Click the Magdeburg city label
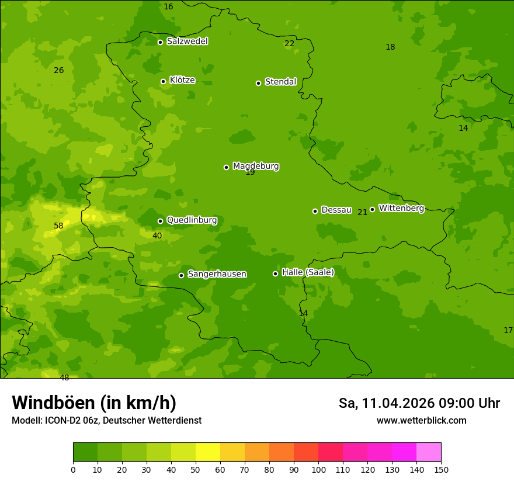tap(256, 167)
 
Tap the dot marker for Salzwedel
tap(160, 42)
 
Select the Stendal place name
tap(281, 82)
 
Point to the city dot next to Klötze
tap(163, 81)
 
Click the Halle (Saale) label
tap(308, 272)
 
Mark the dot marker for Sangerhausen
tap(181, 275)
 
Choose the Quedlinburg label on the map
tap(192, 220)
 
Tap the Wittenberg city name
tap(401, 209)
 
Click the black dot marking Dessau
tap(315, 211)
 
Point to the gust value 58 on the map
tap(58, 226)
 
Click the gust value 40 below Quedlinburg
tap(157, 236)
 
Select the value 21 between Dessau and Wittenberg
tap(362, 213)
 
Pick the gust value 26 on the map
tap(58, 71)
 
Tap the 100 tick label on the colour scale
tap(318, 469)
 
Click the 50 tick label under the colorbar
tap(196, 469)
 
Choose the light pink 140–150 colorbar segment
tap(429, 452)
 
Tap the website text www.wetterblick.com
tap(421, 421)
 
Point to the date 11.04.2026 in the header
tap(398, 403)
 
